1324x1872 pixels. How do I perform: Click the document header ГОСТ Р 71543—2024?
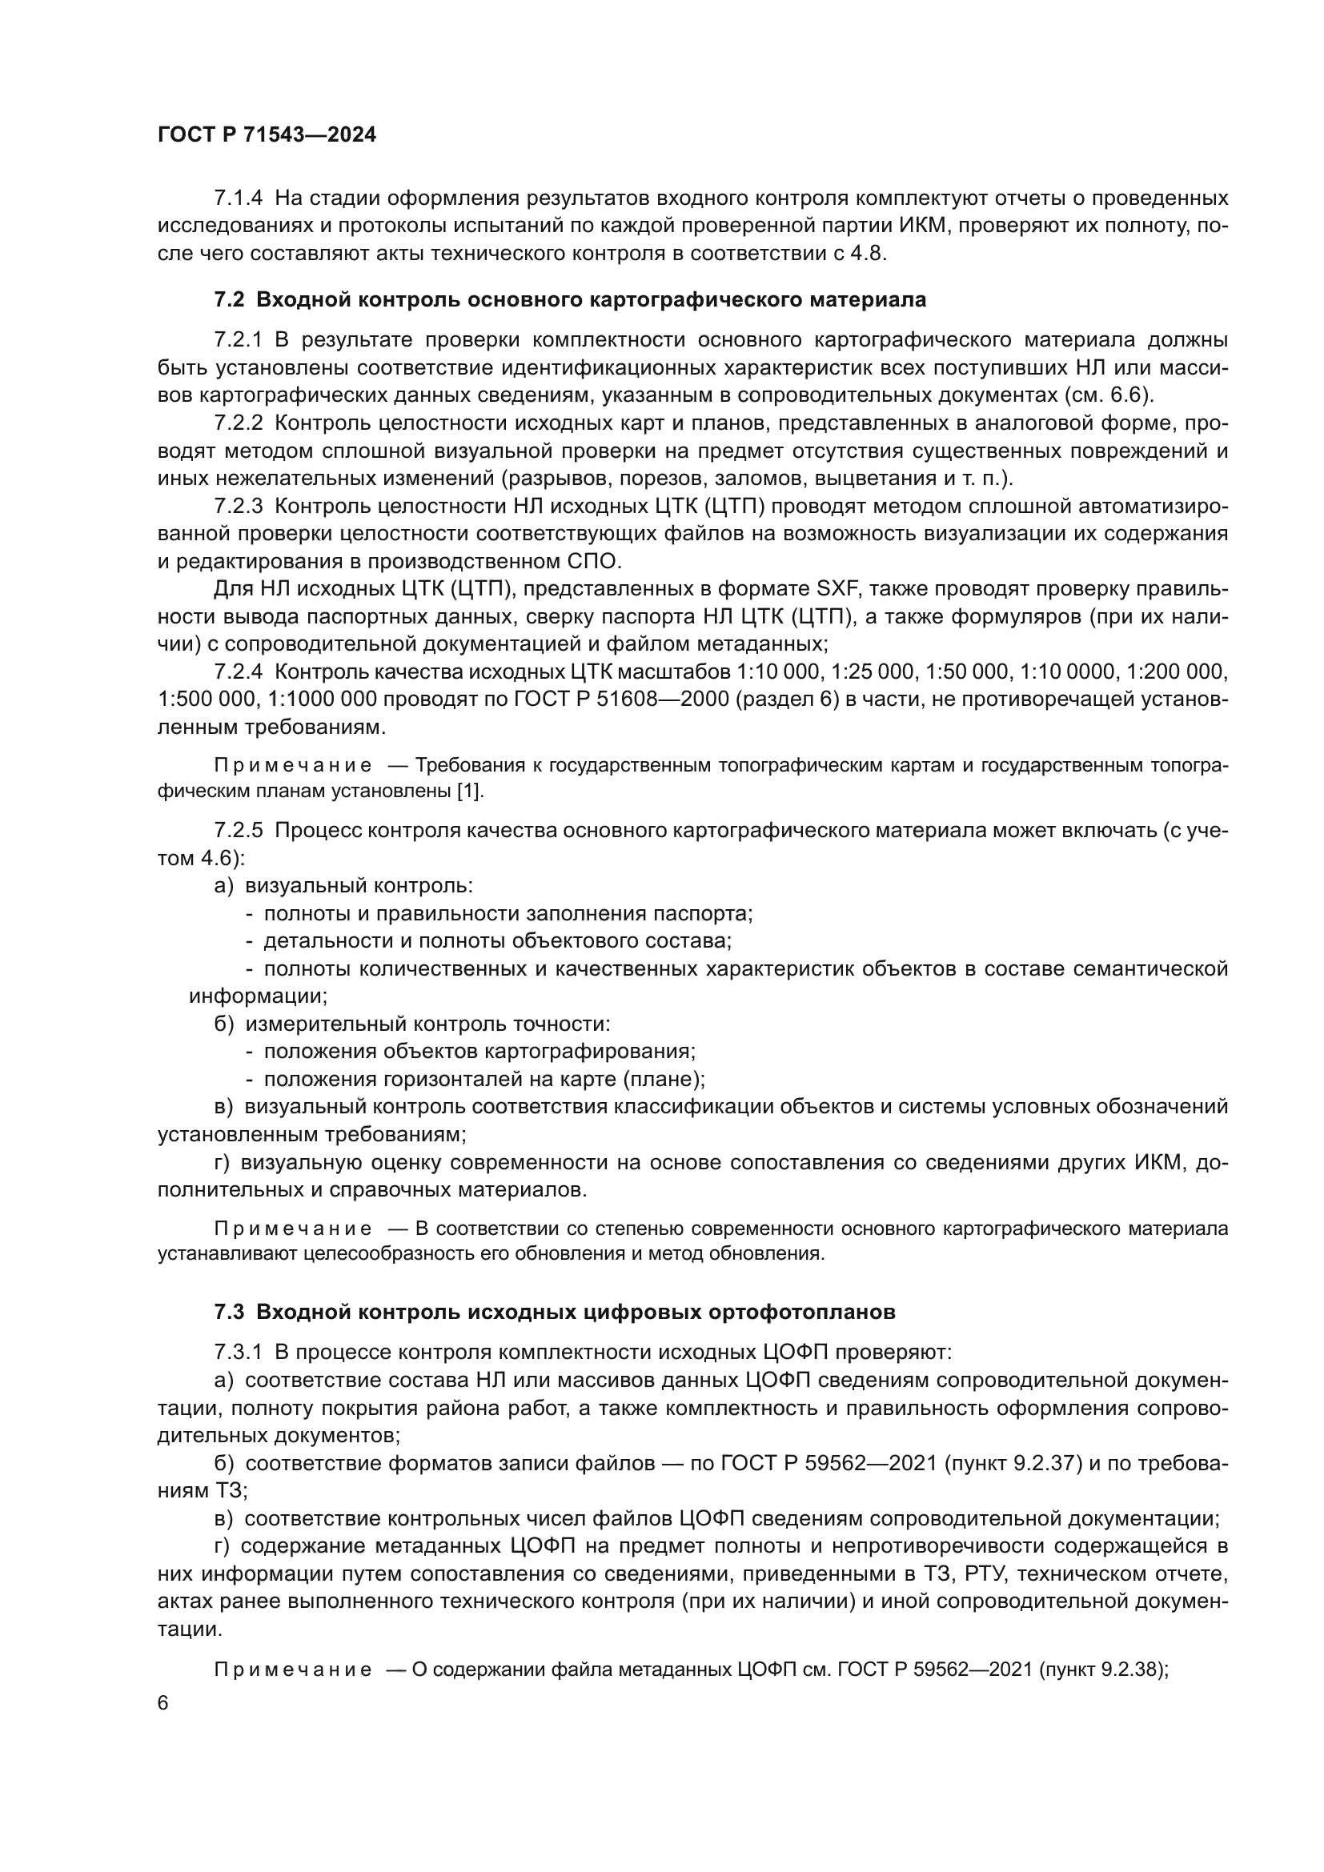point(267,135)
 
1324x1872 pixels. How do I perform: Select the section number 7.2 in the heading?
point(229,300)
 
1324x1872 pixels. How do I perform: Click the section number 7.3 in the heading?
point(229,1312)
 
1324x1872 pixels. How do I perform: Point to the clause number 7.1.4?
point(238,198)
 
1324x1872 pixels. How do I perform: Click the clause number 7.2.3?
point(238,507)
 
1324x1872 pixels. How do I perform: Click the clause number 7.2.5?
point(238,830)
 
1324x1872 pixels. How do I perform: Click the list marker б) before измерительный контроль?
point(224,1024)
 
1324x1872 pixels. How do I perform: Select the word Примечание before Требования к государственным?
point(294,766)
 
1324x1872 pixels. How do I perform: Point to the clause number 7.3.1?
point(238,1353)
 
